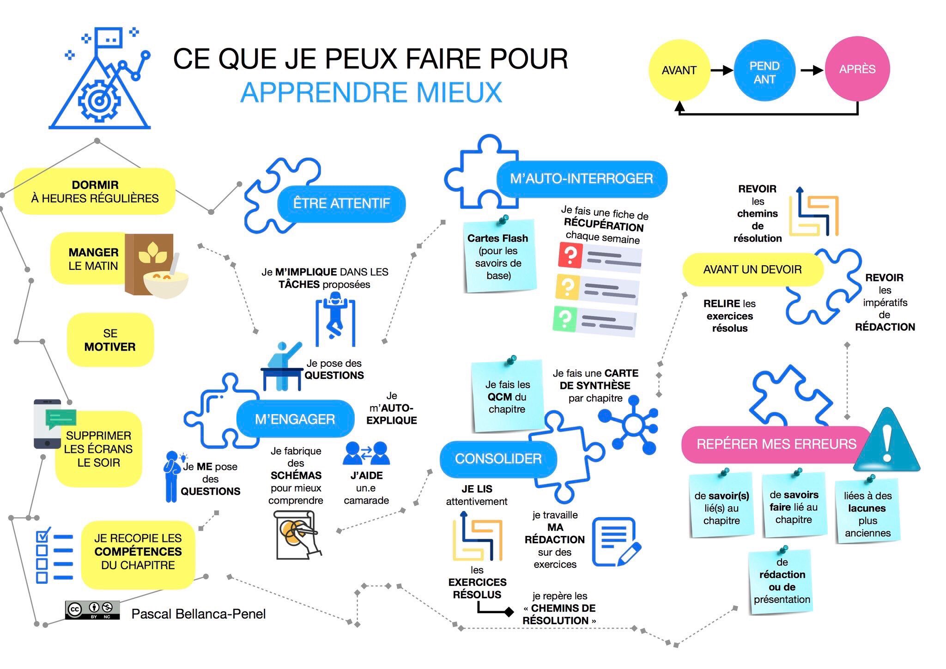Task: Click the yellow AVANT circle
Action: (679, 70)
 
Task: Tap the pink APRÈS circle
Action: (857, 69)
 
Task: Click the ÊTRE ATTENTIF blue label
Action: (341, 203)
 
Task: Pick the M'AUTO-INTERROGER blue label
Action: (581, 179)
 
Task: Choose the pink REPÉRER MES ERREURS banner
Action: (776, 444)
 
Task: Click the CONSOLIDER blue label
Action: (498, 459)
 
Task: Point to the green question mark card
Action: (564, 318)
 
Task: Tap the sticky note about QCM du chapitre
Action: (507, 396)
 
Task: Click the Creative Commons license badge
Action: (92, 610)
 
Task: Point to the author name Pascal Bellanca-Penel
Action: (199, 614)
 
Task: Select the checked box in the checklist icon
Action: (42, 536)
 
